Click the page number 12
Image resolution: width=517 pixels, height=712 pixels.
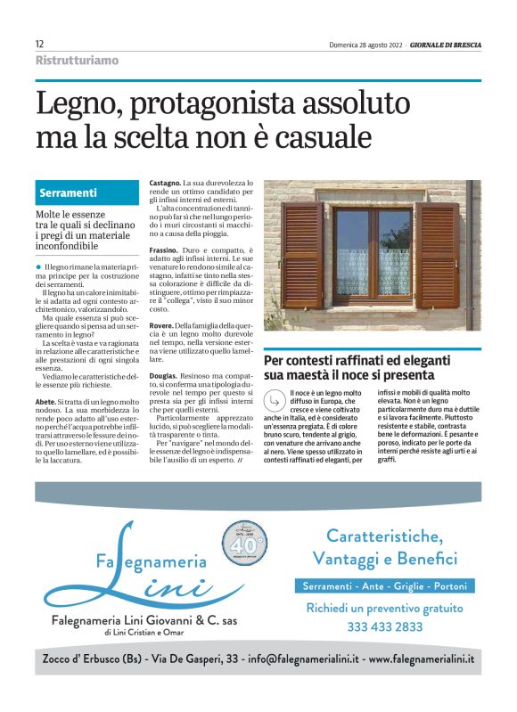point(40,44)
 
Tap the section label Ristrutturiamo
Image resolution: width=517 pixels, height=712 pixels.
point(77,61)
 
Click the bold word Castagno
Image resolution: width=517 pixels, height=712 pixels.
point(164,182)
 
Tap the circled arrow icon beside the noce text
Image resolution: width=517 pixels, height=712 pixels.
point(277,403)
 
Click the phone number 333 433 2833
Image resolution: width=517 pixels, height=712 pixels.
point(384,626)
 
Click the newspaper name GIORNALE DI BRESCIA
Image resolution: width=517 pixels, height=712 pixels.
point(445,45)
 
